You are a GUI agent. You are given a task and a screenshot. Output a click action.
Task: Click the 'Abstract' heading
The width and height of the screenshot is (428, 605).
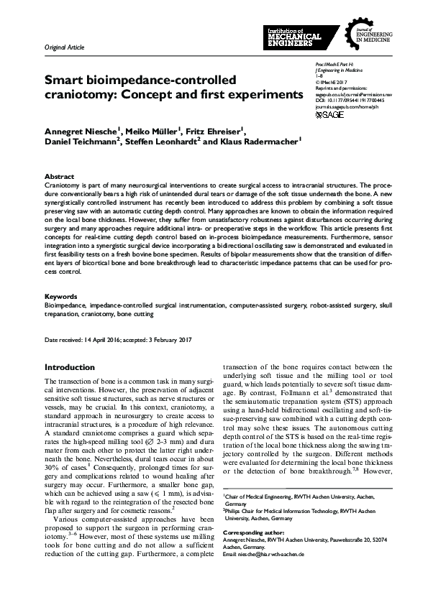(59, 176)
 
